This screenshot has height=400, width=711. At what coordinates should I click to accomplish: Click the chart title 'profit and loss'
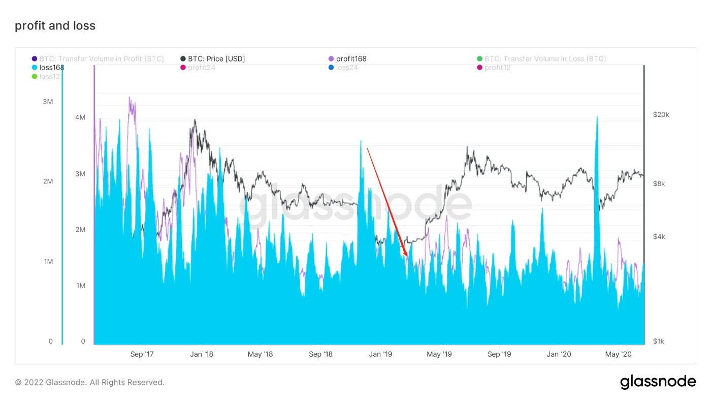(55, 25)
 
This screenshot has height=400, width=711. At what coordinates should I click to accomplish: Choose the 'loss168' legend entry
(51, 68)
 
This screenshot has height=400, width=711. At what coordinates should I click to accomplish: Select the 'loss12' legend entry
(49, 77)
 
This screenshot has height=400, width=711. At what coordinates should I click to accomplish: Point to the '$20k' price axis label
(661, 115)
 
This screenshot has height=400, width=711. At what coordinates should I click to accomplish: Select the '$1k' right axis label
(658, 342)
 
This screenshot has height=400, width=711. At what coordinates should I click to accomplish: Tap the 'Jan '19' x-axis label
(380, 354)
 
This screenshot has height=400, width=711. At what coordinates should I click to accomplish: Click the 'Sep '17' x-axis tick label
(142, 354)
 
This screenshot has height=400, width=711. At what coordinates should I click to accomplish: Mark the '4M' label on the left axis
(80, 117)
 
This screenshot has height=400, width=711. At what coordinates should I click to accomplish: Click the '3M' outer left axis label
(48, 102)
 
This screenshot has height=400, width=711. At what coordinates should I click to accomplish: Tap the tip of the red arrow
(407, 256)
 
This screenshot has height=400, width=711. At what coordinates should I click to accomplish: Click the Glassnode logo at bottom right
(658, 382)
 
